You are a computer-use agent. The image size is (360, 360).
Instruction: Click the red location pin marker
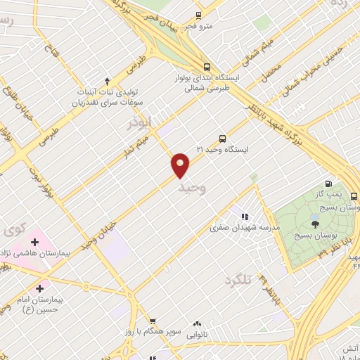pyautogui.click(x=181, y=165)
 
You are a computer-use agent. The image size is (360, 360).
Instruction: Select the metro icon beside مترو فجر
pyautogui.click(x=198, y=15)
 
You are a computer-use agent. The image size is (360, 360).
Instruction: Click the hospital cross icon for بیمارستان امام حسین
pyautogui.click(x=39, y=288)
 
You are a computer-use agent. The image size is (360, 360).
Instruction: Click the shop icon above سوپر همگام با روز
pyautogui.click(x=153, y=321)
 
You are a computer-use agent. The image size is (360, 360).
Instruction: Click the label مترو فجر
pyautogui.click(x=200, y=27)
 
